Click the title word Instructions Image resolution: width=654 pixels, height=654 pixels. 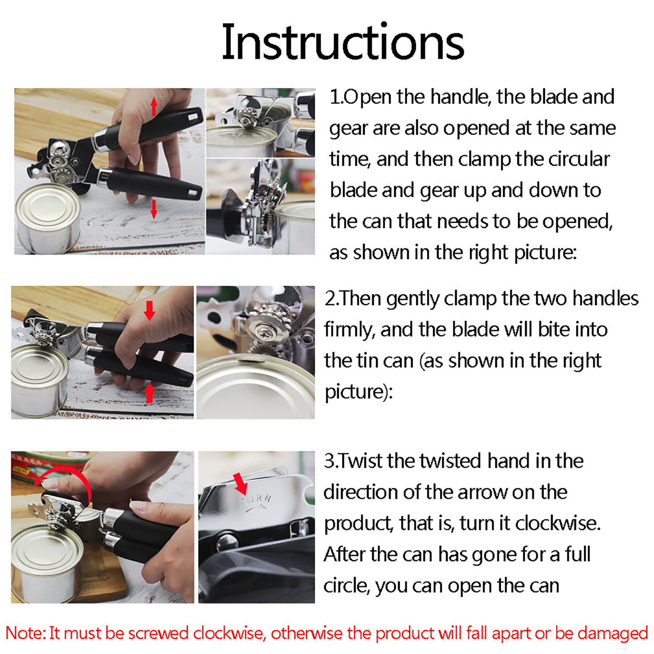click(343, 43)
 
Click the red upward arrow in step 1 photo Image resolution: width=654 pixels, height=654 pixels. click(154, 107)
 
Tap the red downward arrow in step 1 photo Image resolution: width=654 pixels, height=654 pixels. click(154, 209)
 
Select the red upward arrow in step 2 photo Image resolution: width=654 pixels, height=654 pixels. click(150, 393)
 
